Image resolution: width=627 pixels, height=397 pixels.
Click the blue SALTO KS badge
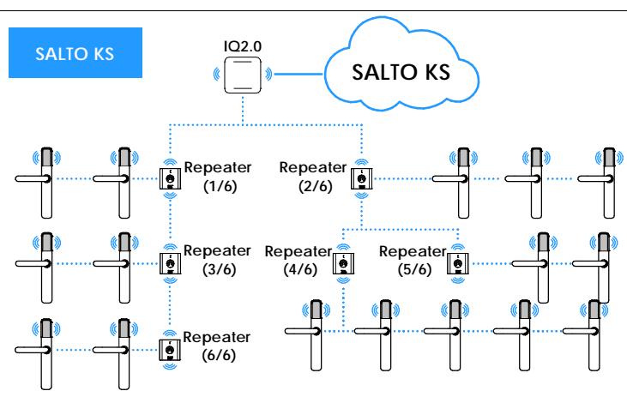point(75,52)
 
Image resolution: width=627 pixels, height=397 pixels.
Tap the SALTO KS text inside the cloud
point(401,72)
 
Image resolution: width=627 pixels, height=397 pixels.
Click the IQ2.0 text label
point(243,46)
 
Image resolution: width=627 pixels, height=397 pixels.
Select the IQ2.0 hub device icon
point(243,75)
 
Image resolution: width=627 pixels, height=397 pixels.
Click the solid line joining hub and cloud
point(298,74)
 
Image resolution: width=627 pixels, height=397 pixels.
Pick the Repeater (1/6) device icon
point(170,178)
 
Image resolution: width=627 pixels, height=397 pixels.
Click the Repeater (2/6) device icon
point(362,178)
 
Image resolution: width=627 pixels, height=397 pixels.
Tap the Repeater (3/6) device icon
point(170,263)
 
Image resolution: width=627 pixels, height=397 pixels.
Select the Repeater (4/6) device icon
point(343,264)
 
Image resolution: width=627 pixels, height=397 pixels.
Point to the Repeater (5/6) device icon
point(458,264)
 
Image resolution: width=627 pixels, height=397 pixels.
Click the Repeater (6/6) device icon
point(170,350)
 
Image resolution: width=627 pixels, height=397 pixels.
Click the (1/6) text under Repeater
point(220,186)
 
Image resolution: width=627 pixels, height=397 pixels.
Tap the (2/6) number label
point(316,186)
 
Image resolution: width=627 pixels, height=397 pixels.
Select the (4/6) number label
point(300,269)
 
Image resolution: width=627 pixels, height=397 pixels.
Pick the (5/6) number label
point(414,269)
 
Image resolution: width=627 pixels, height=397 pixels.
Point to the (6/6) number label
point(219,355)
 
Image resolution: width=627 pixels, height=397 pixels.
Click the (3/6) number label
point(219,269)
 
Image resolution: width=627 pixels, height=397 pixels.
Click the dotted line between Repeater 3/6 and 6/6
point(170,305)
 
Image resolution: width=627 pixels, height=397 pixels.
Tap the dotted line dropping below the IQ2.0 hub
point(243,111)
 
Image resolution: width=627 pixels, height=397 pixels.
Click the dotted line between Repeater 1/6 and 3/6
point(170,220)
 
